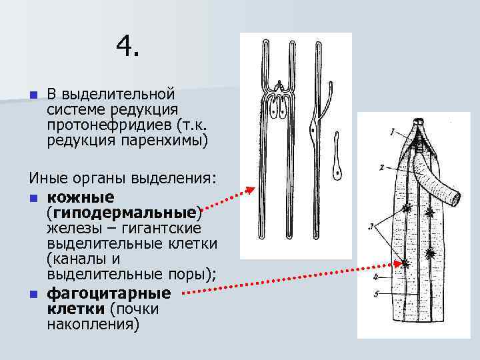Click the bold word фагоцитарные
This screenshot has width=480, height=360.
pos(109,293)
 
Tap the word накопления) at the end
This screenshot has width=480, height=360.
pos(93,325)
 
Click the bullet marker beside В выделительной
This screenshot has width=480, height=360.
pos(33,93)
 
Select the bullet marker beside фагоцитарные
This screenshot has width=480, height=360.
pos(33,294)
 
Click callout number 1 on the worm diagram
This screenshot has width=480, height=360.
pos(393,129)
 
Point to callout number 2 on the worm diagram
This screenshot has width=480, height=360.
pos(380,167)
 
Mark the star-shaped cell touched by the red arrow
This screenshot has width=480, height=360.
pos(405,264)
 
